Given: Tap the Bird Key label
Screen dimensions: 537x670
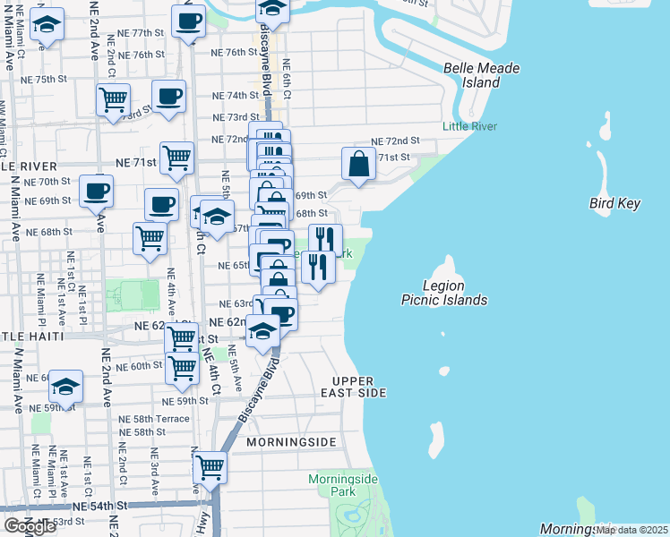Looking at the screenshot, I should [x=614, y=203].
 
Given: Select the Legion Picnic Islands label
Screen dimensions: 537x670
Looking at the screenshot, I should [x=444, y=293].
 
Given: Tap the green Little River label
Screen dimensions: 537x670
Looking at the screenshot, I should [x=469, y=126].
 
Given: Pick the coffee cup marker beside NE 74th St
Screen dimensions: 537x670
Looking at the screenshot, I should [x=168, y=97].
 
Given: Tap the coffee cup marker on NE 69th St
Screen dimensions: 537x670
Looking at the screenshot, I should [x=96, y=191].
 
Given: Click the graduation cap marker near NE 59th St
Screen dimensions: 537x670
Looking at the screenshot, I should [x=65, y=387].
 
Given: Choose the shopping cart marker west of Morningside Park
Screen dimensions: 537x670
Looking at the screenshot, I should [x=210, y=466].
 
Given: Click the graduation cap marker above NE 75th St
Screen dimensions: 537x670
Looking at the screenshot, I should [x=47, y=25].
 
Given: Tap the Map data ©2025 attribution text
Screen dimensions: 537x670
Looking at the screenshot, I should [x=632, y=530].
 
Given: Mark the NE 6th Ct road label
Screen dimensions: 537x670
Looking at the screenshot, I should [x=286, y=79].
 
